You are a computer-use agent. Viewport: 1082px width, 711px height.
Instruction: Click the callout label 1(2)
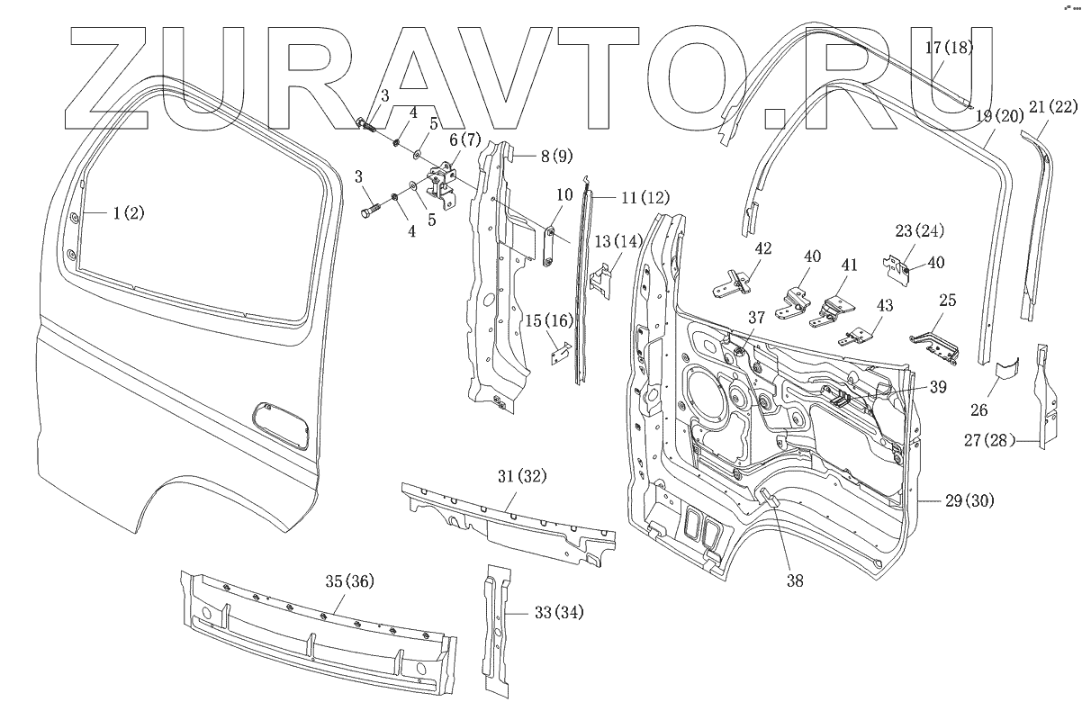[127, 213]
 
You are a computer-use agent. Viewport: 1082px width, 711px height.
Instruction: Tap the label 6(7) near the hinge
[465, 140]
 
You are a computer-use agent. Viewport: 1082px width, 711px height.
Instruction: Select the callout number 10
[564, 194]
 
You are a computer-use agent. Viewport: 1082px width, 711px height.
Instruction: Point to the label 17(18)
[948, 48]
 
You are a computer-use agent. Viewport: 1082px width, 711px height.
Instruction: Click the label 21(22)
[1051, 107]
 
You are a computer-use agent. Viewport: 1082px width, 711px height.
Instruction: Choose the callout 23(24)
[919, 230]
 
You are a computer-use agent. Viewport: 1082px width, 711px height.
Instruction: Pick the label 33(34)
[558, 614]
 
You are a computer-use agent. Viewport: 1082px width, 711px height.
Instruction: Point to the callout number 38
[793, 581]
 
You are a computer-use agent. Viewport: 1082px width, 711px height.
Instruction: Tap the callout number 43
[884, 306]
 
